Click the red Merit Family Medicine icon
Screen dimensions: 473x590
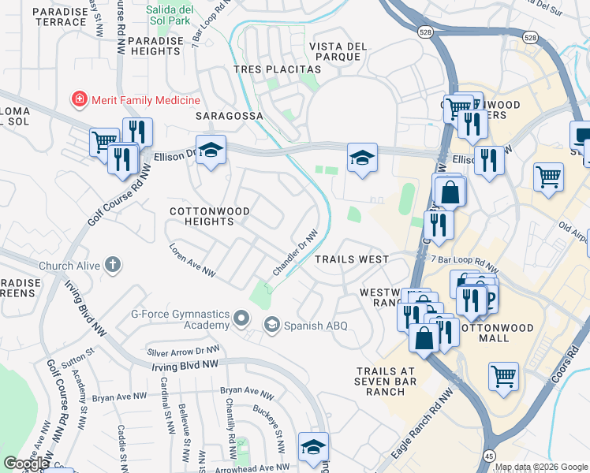click(x=79, y=100)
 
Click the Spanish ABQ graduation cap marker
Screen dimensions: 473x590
click(x=272, y=325)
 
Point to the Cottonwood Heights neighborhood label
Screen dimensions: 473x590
click(x=210, y=217)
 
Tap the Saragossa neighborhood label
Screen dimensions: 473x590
click(x=229, y=116)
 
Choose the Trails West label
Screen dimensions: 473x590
click(x=351, y=259)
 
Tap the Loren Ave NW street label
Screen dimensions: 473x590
click(x=192, y=259)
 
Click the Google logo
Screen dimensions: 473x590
click(x=26, y=464)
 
